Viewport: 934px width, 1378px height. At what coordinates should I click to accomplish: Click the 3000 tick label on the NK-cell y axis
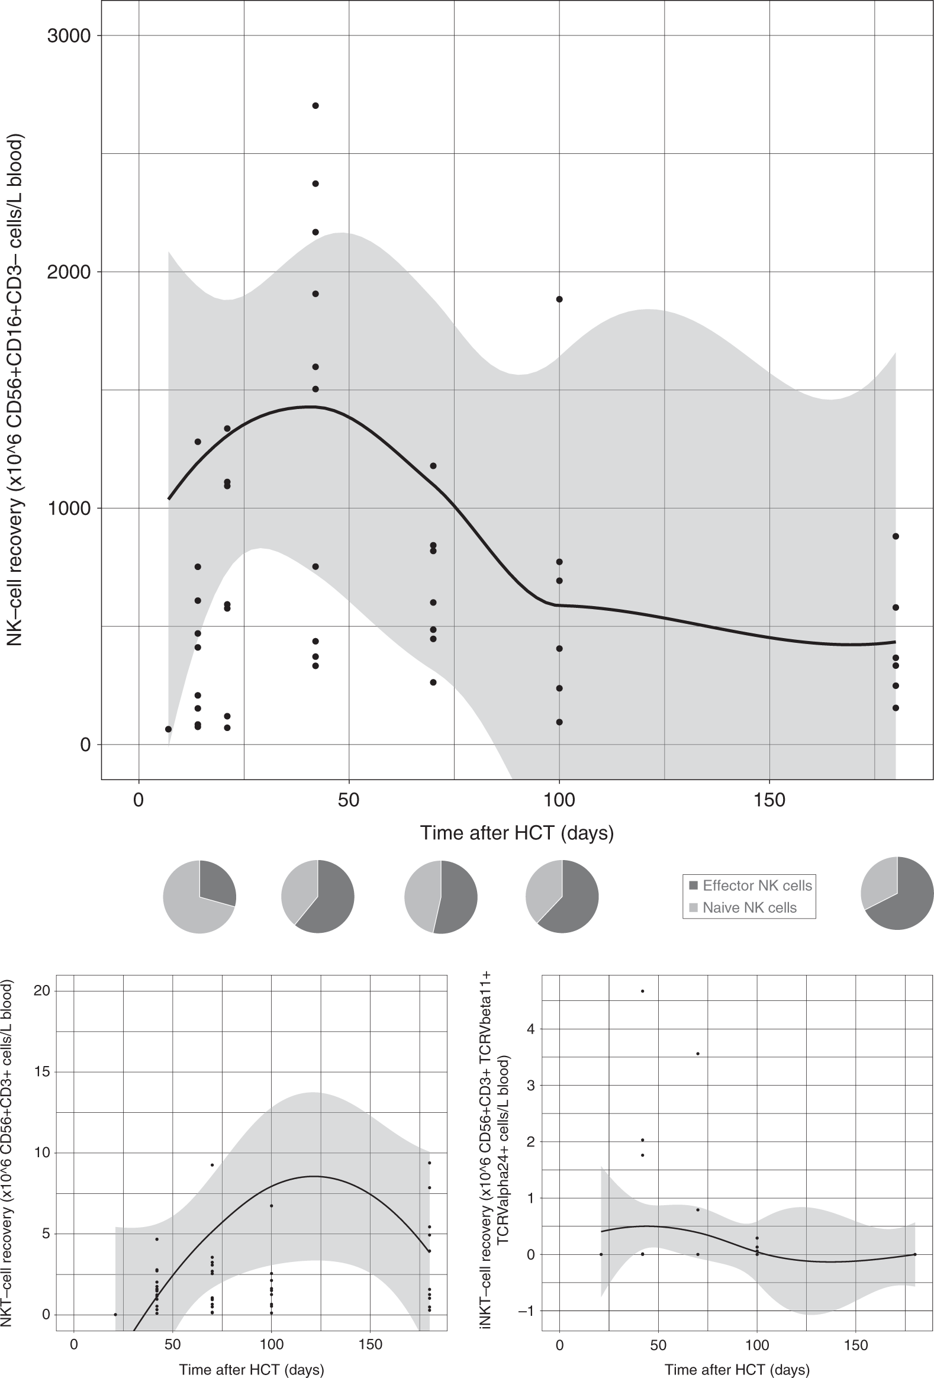[x=68, y=36]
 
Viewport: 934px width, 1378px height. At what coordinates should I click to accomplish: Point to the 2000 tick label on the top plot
[x=68, y=272]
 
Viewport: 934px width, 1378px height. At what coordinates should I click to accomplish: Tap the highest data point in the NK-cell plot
[x=315, y=106]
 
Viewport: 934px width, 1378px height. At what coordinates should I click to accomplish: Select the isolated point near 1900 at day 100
[x=559, y=300]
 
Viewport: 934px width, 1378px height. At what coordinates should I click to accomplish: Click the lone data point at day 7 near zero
[x=169, y=729]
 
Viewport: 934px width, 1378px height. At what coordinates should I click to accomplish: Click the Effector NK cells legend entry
[x=756, y=886]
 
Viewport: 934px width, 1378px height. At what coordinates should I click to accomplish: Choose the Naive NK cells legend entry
[x=749, y=908]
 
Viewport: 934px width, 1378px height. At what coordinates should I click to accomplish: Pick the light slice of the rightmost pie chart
[x=878, y=883]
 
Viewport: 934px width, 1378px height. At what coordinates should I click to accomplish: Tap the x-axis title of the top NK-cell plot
[x=517, y=833]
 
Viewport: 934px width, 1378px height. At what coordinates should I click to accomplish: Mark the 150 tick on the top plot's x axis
[x=769, y=800]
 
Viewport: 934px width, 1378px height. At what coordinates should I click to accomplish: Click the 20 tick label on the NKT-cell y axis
[x=41, y=991]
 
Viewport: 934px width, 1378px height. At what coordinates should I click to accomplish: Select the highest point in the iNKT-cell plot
[x=642, y=991]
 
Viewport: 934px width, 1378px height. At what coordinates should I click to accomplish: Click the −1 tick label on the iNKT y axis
[x=526, y=1311]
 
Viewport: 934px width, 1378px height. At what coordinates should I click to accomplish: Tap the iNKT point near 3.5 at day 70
[x=698, y=1054]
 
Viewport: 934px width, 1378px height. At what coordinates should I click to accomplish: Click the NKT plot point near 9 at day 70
[x=212, y=1165]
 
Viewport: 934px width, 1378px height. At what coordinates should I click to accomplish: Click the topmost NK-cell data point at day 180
[x=896, y=537]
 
